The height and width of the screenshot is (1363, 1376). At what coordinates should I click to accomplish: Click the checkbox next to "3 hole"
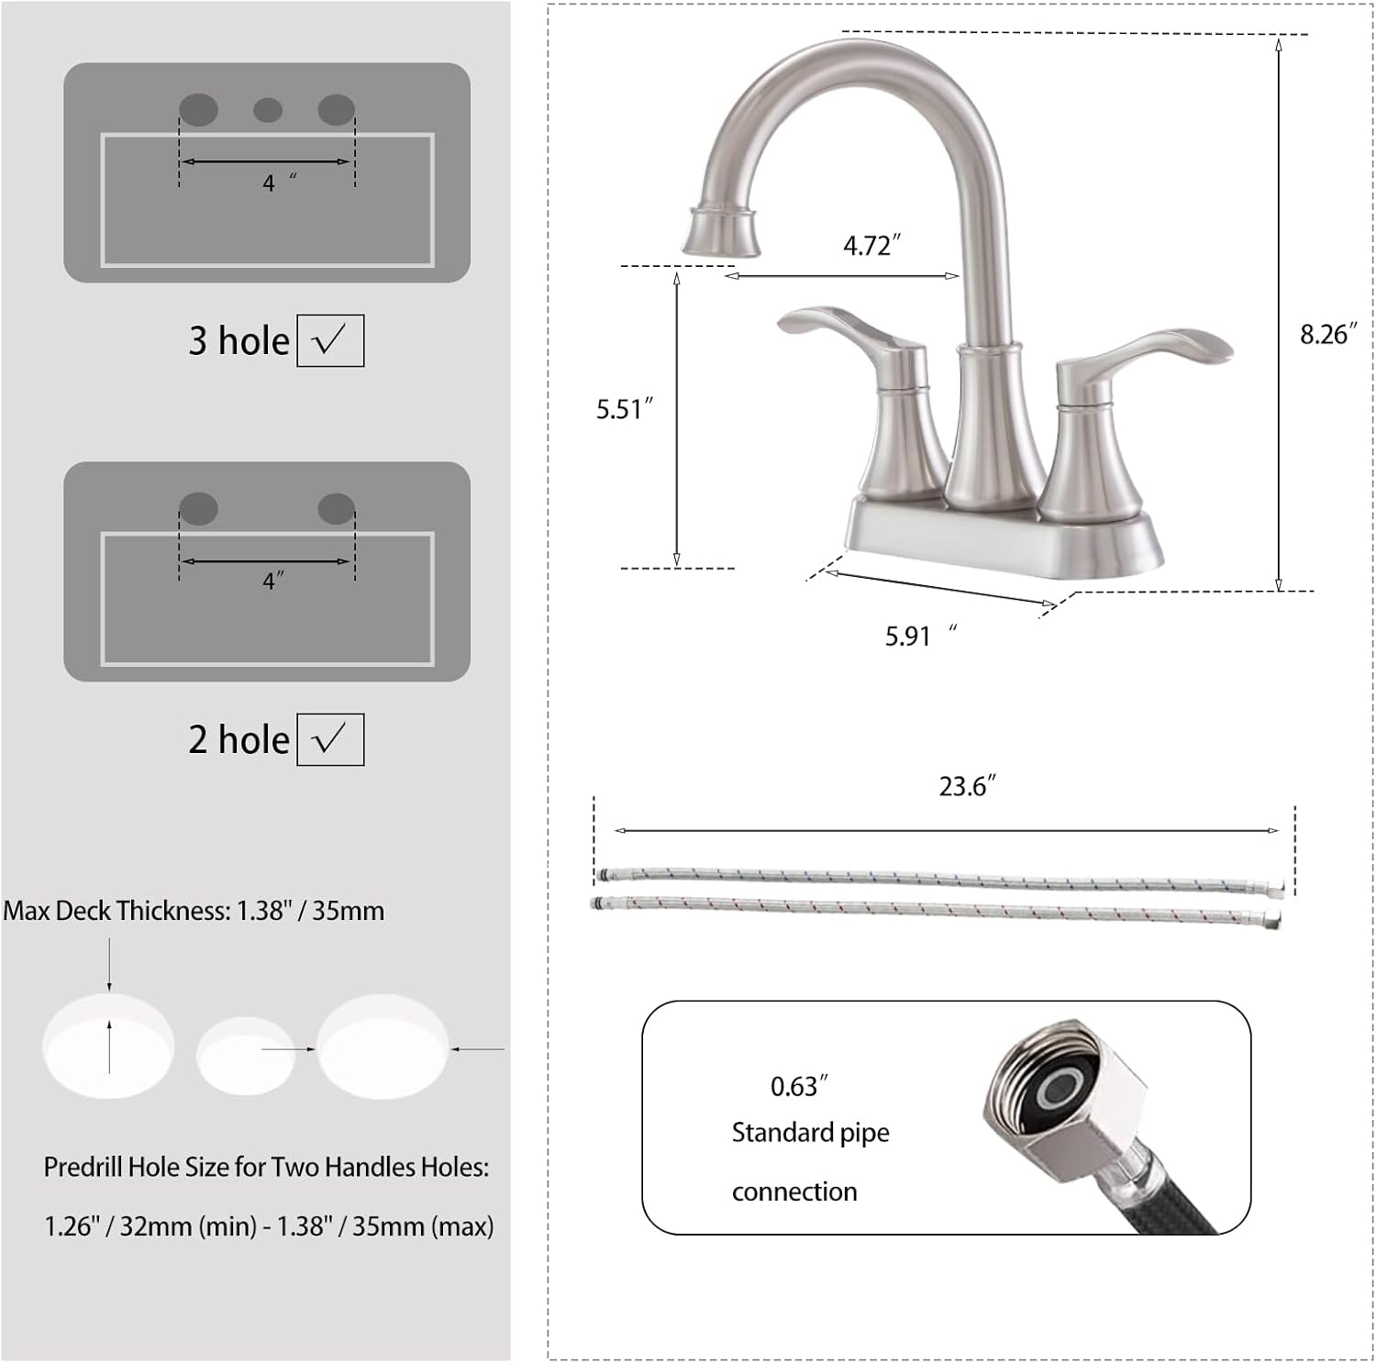(x=330, y=340)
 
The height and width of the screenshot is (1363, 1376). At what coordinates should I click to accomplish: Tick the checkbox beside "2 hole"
(x=330, y=739)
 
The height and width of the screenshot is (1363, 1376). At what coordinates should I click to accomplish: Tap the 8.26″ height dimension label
(x=1326, y=334)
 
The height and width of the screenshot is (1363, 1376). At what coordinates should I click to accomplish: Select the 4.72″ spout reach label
(x=871, y=245)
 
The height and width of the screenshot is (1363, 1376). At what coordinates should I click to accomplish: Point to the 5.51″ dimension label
(x=624, y=409)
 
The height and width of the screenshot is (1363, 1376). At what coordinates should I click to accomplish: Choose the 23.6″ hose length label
(x=966, y=786)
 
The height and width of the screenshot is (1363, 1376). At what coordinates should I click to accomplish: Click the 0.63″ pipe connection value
(x=798, y=1086)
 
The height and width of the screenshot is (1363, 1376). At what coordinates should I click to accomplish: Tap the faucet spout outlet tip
(x=722, y=234)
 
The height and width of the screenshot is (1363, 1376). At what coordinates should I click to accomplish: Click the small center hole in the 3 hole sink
(x=268, y=111)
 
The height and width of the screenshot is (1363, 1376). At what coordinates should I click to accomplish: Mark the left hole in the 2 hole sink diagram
(x=198, y=508)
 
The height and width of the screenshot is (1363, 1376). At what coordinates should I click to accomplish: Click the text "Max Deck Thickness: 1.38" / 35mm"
(x=194, y=911)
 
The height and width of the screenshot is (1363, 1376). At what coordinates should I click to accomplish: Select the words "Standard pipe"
(x=810, y=1133)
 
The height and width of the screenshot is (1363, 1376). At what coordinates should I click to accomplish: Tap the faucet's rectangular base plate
(x=1000, y=541)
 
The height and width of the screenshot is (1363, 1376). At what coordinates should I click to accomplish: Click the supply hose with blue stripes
(x=936, y=879)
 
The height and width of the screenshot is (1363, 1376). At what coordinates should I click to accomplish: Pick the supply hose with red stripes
(x=936, y=909)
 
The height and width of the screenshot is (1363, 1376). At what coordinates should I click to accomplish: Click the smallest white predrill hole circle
(x=245, y=1057)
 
